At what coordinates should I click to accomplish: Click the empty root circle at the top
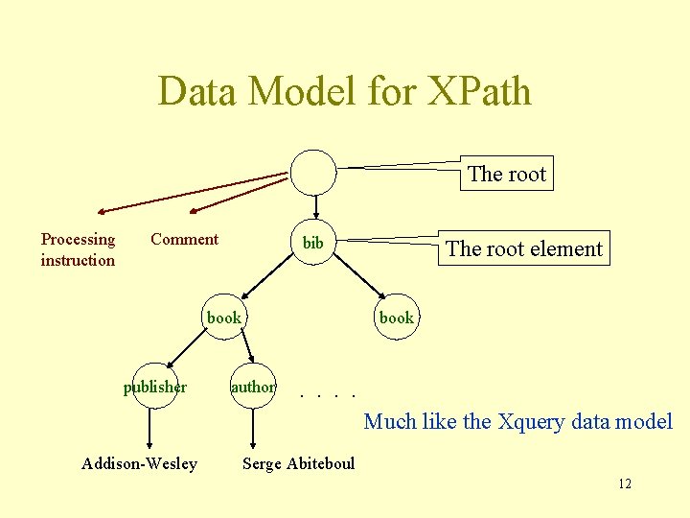coord(313,172)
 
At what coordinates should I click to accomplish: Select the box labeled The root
coord(506,174)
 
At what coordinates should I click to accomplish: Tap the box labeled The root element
coord(524,248)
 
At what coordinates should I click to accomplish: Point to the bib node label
coord(313,243)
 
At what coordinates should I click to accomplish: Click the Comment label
coord(184,239)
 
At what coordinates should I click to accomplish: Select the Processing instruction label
coord(78,249)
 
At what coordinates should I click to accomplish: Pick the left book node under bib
coord(224,318)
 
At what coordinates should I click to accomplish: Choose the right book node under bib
coord(397,318)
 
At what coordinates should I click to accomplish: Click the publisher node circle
coord(154,387)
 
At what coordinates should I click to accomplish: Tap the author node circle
coord(253,387)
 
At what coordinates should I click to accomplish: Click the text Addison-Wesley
coord(139,464)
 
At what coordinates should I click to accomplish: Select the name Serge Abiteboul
coord(298,464)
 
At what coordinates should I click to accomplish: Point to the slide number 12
coord(625,483)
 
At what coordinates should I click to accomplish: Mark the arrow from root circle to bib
coord(315,209)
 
